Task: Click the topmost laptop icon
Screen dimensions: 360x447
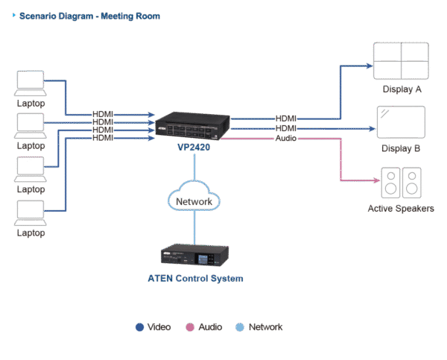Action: (31, 83)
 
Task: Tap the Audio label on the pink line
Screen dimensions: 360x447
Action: (286, 139)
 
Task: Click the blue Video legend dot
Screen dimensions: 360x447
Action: (139, 326)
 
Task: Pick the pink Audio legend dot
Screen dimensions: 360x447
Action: (189, 326)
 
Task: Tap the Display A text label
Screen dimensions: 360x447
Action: (402, 89)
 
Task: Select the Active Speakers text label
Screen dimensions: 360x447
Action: (401, 209)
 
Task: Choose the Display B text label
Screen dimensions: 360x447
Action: (402, 149)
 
